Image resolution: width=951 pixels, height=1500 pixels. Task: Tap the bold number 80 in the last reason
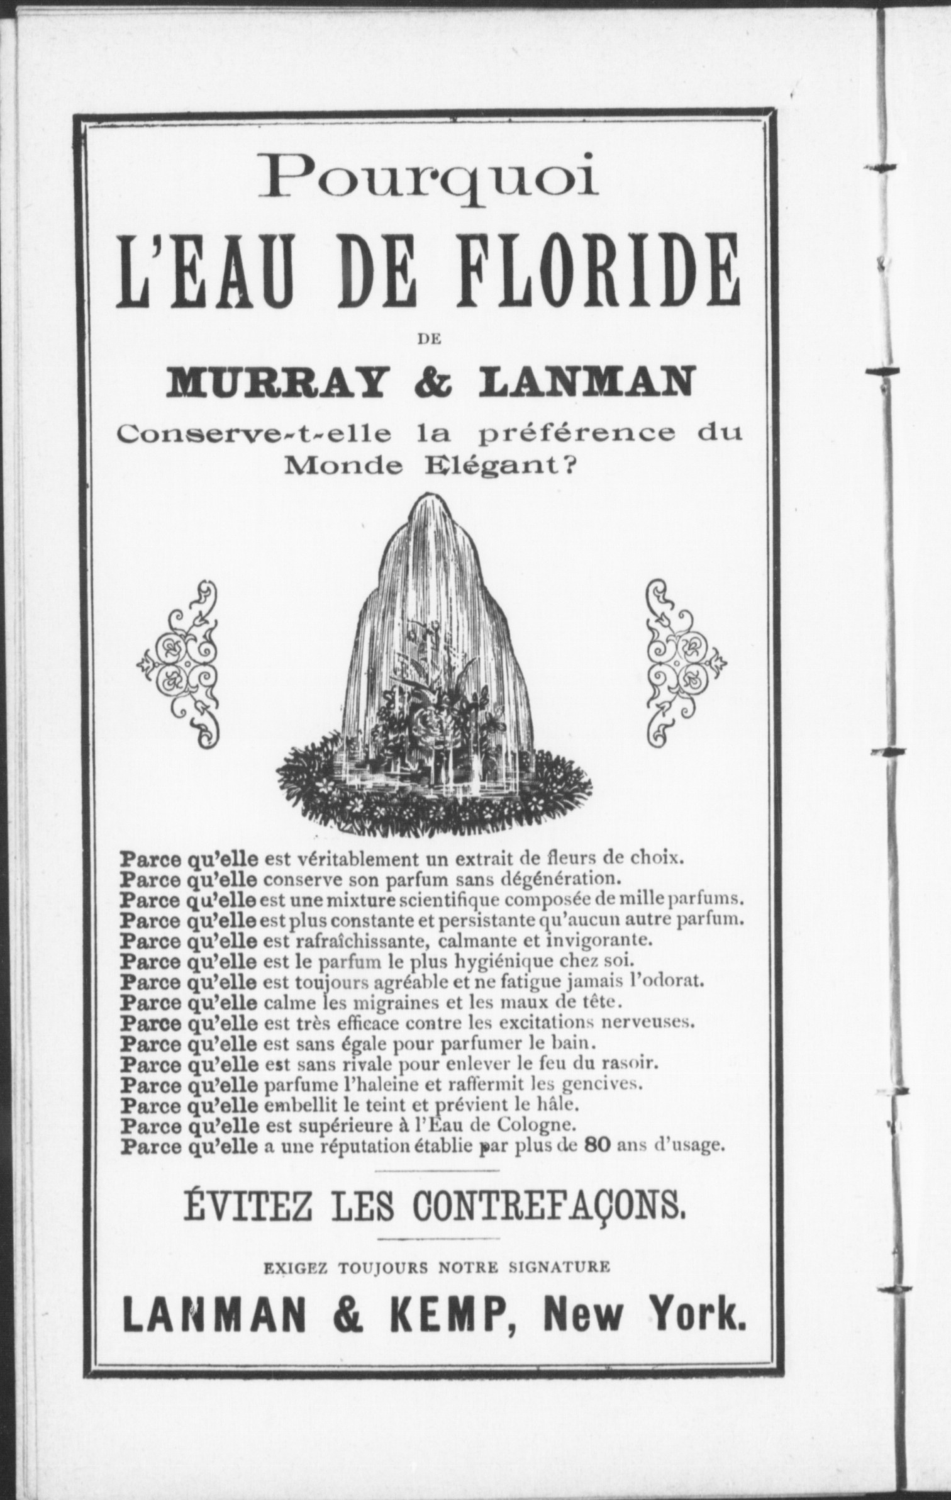598,1145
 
